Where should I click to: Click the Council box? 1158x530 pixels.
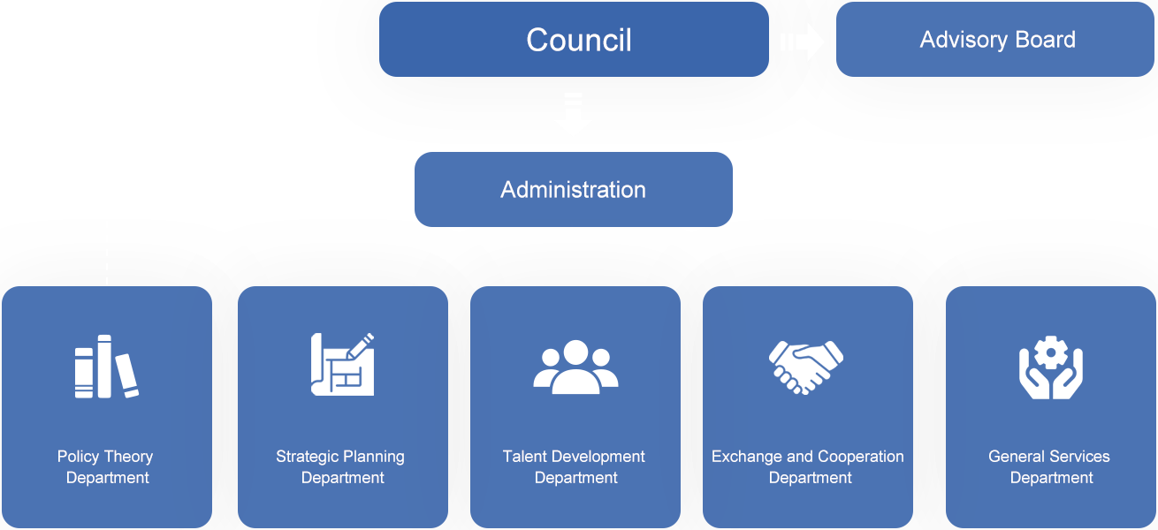click(574, 39)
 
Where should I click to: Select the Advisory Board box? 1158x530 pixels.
click(995, 39)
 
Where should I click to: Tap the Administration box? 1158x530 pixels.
click(574, 189)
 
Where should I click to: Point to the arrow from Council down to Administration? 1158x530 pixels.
click(573, 112)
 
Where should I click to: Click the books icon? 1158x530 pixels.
click(106, 367)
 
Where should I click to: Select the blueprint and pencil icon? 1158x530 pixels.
click(342, 364)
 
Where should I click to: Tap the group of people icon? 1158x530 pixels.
click(575, 367)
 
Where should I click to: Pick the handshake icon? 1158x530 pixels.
click(806, 367)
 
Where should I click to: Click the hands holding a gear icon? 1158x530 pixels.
click(1051, 367)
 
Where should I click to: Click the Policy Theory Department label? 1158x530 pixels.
click(106, 467)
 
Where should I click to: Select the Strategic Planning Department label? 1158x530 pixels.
click(340, 467)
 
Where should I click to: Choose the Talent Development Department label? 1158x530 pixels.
click(575, 467)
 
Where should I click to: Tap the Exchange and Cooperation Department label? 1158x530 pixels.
click(808, 467)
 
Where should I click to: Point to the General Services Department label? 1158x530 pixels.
click(1049, 467)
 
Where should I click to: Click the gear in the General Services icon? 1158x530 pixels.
click(1051, 352)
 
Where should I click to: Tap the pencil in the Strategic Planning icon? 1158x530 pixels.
click(361, 345)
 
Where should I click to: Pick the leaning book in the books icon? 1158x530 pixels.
click(126, 376)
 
